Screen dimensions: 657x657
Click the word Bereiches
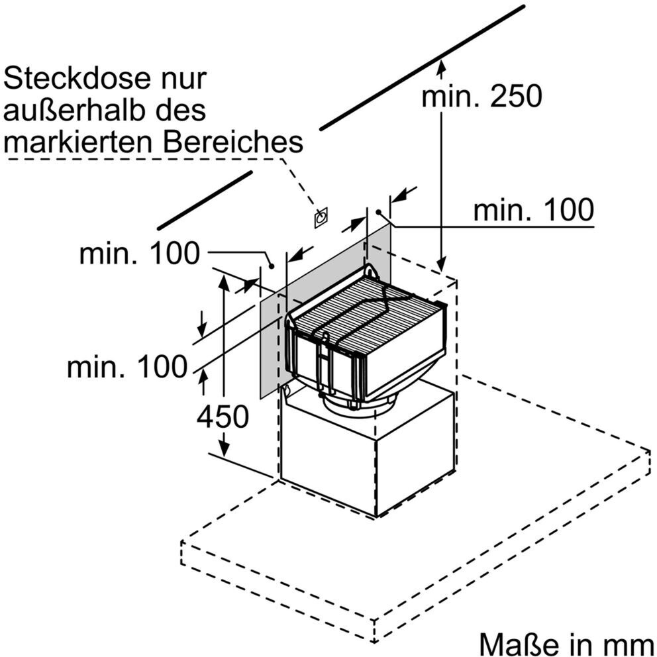tap(233, 142)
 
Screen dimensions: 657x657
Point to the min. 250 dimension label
tap(482, 96)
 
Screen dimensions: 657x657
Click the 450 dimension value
tap(223, 417)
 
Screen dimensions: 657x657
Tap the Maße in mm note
tap(568, 644)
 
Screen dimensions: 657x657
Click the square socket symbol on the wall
tap(321, 217)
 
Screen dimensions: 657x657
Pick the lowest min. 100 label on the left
tap(127, 367)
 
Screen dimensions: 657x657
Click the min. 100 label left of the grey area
tap(140, 253)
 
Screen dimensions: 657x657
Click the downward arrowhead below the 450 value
tap(225, 449)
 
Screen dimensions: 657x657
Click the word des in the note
tap(186, 110)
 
